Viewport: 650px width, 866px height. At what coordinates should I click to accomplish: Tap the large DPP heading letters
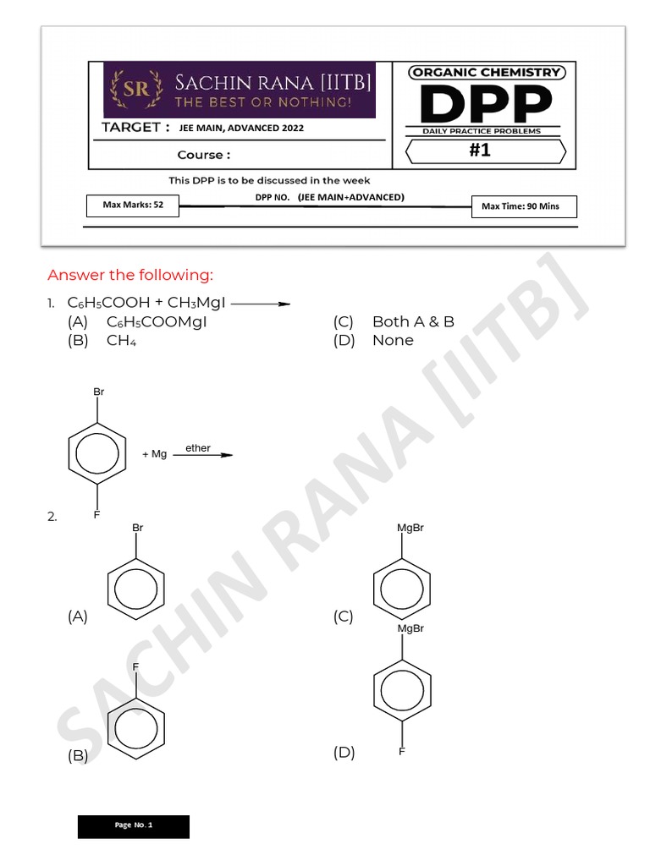coord(485,105)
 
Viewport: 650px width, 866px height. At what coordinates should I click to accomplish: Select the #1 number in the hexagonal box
coord(480,151)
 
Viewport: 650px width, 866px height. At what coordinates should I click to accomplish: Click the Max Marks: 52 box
coord(133,205)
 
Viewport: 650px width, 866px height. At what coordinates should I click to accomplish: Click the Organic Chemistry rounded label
coord(486,73)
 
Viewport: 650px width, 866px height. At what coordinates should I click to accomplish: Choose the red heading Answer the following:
coord(130,275)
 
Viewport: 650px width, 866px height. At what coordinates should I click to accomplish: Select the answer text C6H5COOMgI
coord(157,321)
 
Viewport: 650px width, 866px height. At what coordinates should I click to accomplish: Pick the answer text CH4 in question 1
coord(122,340)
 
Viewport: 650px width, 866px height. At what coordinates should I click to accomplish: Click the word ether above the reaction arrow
coord(198,448)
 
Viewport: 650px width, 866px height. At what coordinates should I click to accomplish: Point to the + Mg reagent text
coord(154,454)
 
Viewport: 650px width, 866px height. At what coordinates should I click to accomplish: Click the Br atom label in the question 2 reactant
coord(99,392)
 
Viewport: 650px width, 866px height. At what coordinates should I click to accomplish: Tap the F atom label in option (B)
coord(135,667)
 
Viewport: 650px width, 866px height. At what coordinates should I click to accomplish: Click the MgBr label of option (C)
coord(410,528)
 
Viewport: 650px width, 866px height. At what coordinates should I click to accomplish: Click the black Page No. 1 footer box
coord(134,826)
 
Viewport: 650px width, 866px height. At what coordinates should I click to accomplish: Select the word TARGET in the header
coord(131,128)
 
